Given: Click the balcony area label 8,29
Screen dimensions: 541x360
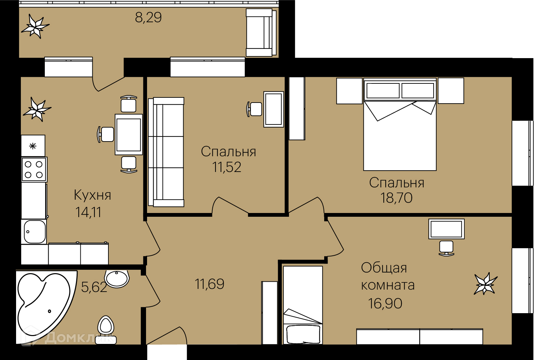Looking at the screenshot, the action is [148, 18].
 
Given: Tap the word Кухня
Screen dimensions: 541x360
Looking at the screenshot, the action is [92, 195].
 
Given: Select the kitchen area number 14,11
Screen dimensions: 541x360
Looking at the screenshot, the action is [88, 212].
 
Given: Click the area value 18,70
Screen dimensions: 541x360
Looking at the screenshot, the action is [396, 198].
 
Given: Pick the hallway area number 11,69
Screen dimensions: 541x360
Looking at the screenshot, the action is [209, 284].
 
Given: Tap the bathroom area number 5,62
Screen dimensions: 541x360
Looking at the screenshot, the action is [94, 287].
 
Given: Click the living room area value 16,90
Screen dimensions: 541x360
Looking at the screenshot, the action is [385, 304].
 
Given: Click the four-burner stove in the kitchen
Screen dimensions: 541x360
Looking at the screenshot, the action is [34, 170].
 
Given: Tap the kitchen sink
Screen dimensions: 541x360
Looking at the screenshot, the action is [34, 231].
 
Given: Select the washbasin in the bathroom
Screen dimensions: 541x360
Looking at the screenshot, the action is [117, 279].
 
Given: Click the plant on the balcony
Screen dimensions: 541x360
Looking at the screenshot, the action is [35, 26].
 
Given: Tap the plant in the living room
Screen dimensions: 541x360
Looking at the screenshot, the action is [486, 283].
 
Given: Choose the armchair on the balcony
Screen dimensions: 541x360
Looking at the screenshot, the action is [261, 32].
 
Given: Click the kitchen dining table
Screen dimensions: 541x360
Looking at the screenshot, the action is [129, 134].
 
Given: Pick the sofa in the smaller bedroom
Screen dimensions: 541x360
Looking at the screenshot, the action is [166, 152].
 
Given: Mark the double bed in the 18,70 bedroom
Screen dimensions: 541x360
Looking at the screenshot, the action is [400, 124].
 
